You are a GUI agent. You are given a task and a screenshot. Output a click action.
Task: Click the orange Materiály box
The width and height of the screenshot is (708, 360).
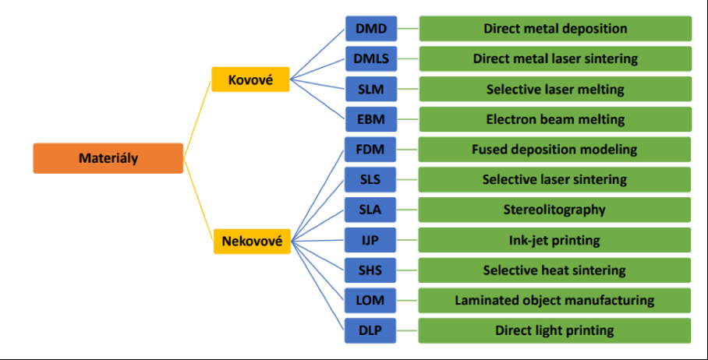click(108, 158)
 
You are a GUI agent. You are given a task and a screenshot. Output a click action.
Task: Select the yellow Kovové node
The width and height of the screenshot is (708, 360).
click(250, 79)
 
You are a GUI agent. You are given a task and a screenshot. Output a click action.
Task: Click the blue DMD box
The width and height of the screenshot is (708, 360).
click(370, 29)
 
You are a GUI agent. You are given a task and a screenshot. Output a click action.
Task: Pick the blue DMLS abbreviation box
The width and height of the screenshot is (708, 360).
click(370, 59)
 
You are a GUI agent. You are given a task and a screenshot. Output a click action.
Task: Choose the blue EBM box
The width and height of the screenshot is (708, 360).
click(370, 119)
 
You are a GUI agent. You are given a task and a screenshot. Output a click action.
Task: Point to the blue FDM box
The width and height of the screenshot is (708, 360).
click(370, 149)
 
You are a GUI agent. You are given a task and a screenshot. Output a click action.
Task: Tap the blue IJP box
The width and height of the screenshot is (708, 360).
click(370, 240)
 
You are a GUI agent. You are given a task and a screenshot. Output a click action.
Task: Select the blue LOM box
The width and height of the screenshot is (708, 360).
click(370, 300)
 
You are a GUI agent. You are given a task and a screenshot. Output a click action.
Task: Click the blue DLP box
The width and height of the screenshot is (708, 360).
click(370, 330)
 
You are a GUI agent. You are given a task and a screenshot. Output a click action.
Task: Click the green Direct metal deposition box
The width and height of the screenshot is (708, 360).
click(555, 29)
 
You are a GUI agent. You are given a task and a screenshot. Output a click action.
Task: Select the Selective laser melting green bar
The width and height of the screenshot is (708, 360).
click(555, 89)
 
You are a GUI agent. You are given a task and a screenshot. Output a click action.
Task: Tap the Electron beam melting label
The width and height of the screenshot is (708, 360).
click(555, 119)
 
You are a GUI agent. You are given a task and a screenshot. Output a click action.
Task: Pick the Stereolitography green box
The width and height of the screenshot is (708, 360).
click(555, 210)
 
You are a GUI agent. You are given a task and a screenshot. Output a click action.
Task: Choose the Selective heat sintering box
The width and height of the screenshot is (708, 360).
click(555, 270)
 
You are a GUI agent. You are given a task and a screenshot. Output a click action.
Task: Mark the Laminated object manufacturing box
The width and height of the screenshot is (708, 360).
click(555, 300)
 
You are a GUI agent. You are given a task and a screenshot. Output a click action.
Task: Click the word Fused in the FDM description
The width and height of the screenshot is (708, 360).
click(488, 149)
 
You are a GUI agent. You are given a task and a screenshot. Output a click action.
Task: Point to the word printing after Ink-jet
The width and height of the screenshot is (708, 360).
click(575, 240)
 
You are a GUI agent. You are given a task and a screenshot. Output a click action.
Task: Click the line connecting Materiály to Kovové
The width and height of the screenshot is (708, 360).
click(198, 117)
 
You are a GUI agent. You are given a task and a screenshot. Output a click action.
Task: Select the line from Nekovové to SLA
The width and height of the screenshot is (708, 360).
click(317, 226)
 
